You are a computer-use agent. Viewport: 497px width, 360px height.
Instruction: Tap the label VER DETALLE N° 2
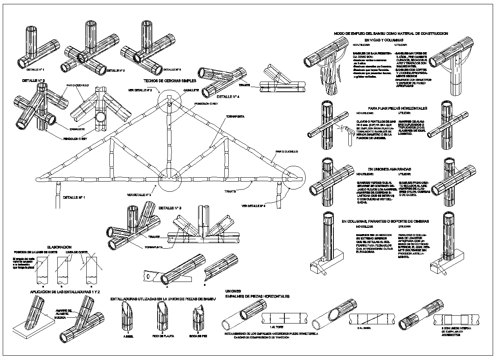click(x=140, y=90)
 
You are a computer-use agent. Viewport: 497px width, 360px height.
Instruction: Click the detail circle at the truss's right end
click(x=293, y=177)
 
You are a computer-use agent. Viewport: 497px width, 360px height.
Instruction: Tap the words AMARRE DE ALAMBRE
click(x=64, y=312)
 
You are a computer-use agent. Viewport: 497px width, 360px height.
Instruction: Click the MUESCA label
click(x=62, y=318)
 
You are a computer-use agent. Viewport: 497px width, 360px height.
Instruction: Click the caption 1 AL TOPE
click(x=277, y=326)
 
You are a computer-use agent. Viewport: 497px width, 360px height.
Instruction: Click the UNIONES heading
click(x=233, y=291)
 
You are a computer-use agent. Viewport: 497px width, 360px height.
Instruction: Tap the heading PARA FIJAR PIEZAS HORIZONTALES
click(x=397, y=108)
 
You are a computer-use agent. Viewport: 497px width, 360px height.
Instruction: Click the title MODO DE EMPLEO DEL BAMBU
click(x=391, y=34)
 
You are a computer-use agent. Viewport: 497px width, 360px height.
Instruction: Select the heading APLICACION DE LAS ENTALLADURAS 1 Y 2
click(x=65, y=292)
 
